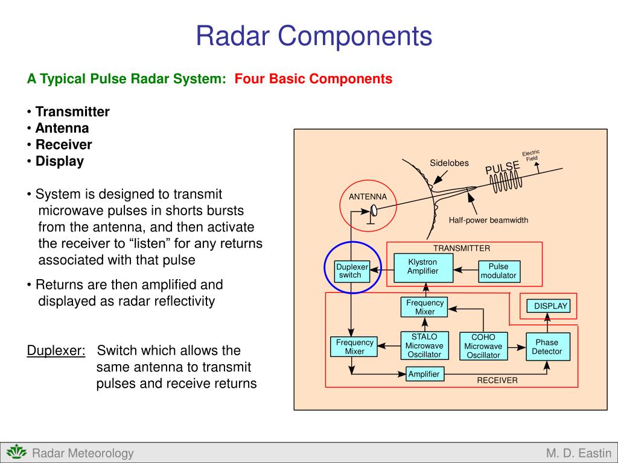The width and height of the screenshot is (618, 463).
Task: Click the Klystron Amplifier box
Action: [422, 267]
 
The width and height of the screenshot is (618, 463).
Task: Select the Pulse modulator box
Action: [499, 271]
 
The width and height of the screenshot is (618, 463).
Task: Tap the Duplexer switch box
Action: [352, 271]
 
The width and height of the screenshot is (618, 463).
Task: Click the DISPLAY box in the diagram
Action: [549, 306]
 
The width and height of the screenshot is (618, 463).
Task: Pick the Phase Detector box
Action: [547, 347]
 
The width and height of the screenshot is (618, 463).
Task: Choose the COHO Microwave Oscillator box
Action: [483, 347]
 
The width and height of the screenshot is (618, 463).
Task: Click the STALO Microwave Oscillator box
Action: [424, 346]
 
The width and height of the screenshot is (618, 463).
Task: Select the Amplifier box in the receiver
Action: [424, 374]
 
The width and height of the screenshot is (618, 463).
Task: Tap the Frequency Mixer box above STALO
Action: [424, 307]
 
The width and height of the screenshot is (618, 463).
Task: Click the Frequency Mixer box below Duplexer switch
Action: [354, 347]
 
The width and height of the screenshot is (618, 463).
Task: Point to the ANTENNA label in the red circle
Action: [368, 197]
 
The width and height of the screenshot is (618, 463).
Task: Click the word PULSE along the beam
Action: [503, 168]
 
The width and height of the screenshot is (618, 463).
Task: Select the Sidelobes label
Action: [449, 163]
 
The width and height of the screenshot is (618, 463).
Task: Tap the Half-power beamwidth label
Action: [488, 221]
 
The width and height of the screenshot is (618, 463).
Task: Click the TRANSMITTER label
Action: [462, 248]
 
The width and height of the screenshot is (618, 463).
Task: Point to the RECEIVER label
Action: [497, 380]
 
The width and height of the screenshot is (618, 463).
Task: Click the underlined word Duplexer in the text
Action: [56, 351]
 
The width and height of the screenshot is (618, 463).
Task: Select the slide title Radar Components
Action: [314, 36]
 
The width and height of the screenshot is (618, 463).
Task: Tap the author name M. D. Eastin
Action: [579, 453]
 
